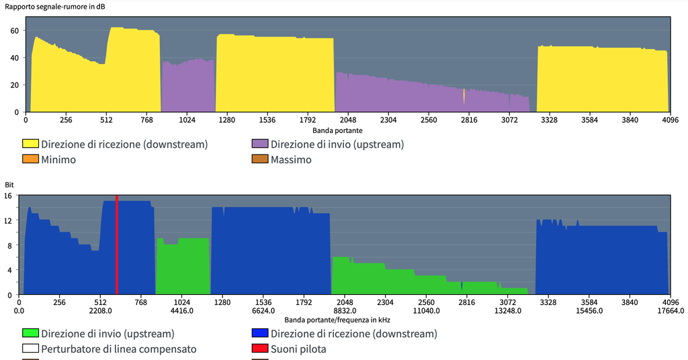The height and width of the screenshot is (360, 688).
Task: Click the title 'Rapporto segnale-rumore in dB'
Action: point(55,6)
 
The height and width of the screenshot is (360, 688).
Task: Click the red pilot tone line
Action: point(116,245)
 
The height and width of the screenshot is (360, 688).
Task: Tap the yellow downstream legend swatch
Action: point(30,144)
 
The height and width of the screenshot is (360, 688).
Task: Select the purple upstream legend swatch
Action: point(259,144)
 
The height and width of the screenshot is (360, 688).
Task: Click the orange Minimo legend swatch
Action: point(30,160)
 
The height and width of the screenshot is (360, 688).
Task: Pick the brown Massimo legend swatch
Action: point(259,160)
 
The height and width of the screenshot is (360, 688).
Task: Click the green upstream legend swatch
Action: point(30,334)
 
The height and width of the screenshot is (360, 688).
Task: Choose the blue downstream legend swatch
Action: point(259,334)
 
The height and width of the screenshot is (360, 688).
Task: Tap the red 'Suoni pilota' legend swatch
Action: point(259,349)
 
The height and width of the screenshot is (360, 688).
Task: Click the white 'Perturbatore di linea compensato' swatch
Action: point(30,349)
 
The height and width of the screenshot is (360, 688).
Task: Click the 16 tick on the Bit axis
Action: point(9,195)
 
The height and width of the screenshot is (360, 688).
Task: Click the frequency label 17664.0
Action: point(671,311)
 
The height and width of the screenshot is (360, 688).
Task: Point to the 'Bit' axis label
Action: point(9,184)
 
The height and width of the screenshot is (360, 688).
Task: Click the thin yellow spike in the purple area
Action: point(464,96)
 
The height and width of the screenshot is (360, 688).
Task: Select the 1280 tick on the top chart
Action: point(227,120)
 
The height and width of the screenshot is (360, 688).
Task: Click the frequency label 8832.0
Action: point(345,311)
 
